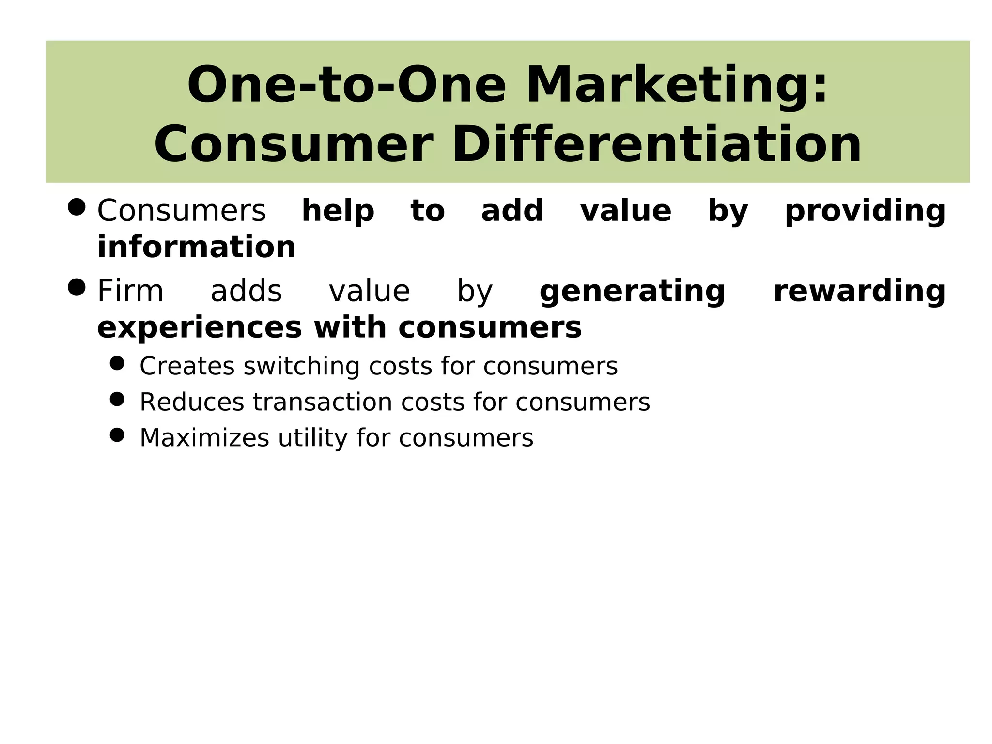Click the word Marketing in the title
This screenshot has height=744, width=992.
pyautogui.click(x=677, y=86)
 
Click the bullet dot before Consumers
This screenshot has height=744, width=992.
pyautogui.click(x=77, y=208)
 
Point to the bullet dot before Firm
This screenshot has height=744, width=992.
pyautogui.click(x=77, y=288)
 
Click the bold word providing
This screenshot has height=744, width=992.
pyautogui.click(x=865, y=211)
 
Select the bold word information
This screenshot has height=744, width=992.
pyautogui.click(x=196, y=247)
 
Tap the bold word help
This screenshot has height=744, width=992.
pyautogui.click(x=338, y=211)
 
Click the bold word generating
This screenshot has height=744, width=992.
pyautogui.click(x=632, y=292)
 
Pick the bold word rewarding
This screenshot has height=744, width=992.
pyautogui.click(x=859, y=291)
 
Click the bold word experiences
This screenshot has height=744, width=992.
pyautogui.click(x=200, y=328)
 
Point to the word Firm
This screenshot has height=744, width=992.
pyautogui.click(x=130, y=291)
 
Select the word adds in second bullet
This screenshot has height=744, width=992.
pyautogui.click(x=246, y=291)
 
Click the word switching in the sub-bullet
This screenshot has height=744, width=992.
pyautogui.click(x=301, y=366)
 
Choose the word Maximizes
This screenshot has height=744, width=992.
pyautogui.click(x=204, y=438)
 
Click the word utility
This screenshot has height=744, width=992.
pyautogui.click(x=312, y=438)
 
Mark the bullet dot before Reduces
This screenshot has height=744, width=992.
pyautogui.click(x=117, y=399)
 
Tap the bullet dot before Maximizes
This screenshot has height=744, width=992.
pyautogui.click(x=117, y=435)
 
